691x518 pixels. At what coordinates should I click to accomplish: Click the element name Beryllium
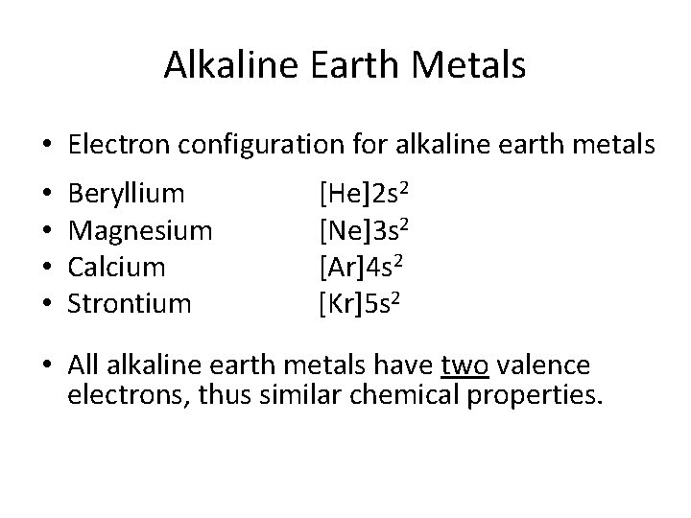pyautogui.click(x=127, y=195)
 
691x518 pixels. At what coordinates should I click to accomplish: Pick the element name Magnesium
pyautogui.click(x=140, y=231)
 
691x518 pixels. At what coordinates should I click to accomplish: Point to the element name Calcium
pyautogui.click(x=117, y=268)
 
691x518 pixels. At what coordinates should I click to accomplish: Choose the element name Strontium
pyautogui.click(x=131, y=304)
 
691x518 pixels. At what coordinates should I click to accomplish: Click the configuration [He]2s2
pyautogui.click(x=366, y=195)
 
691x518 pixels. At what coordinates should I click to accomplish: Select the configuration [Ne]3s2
pyautogui.click(x=366, y=231)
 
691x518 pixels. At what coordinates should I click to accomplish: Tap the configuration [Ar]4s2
pyautogui.click(x=364, y=268)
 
